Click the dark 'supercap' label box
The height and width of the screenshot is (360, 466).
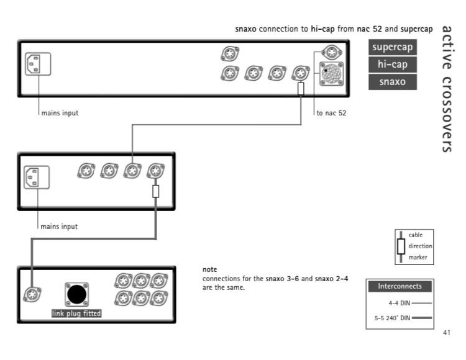393,47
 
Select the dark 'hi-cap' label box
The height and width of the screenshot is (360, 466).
393,65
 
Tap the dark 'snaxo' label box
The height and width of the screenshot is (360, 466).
393,81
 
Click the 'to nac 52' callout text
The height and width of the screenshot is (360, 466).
331,113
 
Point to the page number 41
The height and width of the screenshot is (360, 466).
447,333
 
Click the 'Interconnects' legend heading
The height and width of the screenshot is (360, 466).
400,286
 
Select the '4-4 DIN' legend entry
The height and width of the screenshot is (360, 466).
399,303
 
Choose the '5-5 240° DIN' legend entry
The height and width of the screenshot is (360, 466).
392,318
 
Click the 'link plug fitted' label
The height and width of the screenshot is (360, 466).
76,313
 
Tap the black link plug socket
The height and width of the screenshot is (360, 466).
76,294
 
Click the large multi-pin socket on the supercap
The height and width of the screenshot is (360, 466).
331,74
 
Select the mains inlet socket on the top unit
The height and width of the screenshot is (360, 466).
38,64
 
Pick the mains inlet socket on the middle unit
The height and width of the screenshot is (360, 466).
37,178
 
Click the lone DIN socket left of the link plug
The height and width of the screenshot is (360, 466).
32,295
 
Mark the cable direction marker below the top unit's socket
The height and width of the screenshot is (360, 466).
301,89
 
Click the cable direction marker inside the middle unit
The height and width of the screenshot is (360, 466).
156,191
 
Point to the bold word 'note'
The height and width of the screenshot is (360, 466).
210,269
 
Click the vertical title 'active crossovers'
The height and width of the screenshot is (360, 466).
447,89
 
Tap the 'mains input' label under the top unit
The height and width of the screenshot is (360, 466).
60,113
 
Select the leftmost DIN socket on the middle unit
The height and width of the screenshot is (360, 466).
86,171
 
